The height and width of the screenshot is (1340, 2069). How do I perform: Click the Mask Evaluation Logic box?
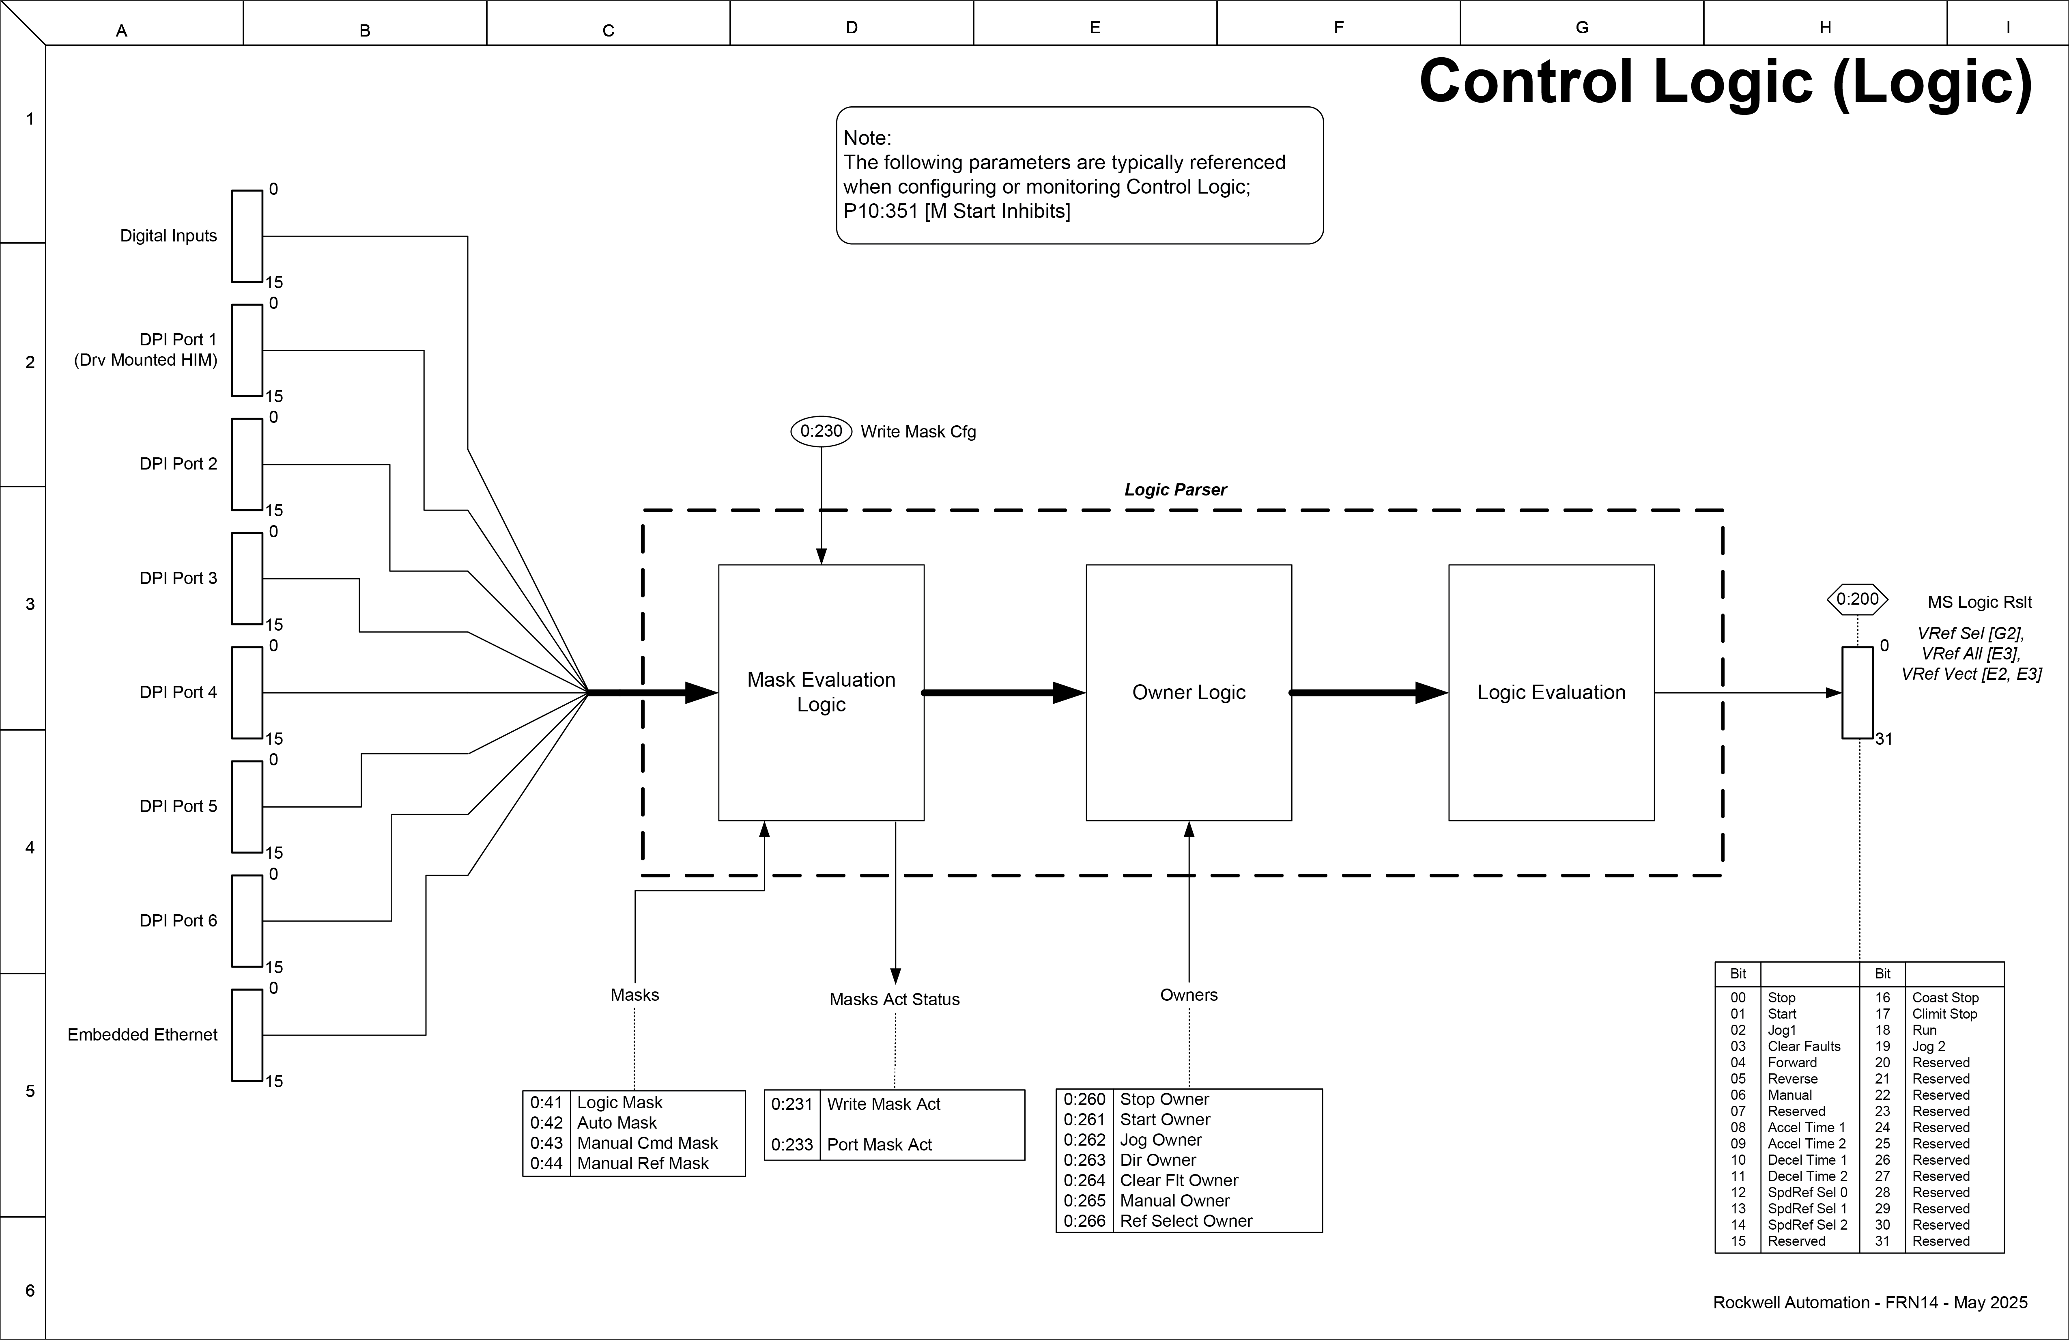(x=821, y=692)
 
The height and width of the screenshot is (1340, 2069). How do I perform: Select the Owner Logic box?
(x=1188, y=692)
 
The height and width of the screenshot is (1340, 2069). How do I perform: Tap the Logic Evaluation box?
(x=1551, y=692)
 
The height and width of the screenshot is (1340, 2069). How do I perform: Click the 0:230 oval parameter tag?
(x=821, y=431)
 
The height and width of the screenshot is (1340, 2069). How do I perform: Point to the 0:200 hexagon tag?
(x=1858, y=599)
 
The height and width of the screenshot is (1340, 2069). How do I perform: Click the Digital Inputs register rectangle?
(x=247, y=237)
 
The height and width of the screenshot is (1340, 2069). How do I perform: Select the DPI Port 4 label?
(x=178, y=692)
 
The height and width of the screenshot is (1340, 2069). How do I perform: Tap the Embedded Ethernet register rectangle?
(x=247, y=1035)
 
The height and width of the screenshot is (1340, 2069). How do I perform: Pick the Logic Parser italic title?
(x=1175, y=489)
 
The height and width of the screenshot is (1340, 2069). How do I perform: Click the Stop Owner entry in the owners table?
(x=1164, y=1099)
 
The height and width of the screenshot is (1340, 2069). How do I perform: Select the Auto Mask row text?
(x=616, y=1122)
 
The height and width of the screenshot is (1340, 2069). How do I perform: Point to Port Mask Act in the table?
(x=879, y=1144)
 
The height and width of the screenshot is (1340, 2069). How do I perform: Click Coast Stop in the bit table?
(x=1945, y=997)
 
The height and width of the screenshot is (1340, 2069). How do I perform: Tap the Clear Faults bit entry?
(x=1804, y=1046)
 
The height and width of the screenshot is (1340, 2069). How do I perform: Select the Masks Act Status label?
(x=894, y=999)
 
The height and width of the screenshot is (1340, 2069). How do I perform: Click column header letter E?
(x=1095, y=28)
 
